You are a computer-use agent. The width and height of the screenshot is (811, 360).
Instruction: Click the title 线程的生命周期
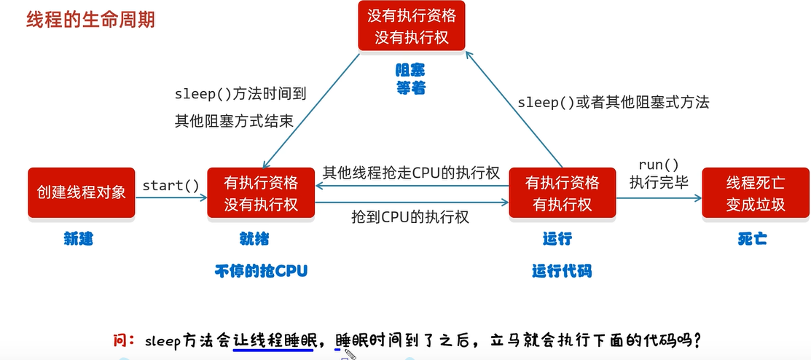(90, 20)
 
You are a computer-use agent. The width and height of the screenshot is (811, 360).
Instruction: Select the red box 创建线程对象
(82, 192)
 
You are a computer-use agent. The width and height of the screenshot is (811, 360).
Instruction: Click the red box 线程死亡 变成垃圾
(756, 192)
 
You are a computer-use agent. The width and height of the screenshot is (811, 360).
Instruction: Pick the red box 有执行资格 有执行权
(563, 192)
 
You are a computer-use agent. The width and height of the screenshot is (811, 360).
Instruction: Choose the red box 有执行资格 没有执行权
(261, 192)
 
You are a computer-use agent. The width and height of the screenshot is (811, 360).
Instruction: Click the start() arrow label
(171, 185)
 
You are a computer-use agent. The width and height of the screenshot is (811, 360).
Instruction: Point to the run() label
(659, 165)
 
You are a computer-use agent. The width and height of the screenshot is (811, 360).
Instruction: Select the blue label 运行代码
(562, 271)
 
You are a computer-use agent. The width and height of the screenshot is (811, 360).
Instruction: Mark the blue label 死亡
(751, 239)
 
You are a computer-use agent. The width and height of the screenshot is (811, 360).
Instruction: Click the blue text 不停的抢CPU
(261, 271)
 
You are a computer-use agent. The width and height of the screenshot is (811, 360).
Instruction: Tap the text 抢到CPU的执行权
(410, 216)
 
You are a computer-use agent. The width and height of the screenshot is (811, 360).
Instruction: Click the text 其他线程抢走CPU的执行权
(411, 173)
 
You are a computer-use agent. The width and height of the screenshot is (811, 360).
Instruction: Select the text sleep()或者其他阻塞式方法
(614, 103)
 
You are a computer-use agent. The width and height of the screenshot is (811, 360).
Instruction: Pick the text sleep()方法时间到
(240, 94)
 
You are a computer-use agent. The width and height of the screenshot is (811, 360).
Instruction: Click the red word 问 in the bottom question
(120, 340)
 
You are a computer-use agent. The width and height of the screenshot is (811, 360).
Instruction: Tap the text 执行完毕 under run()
(659, 183)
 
